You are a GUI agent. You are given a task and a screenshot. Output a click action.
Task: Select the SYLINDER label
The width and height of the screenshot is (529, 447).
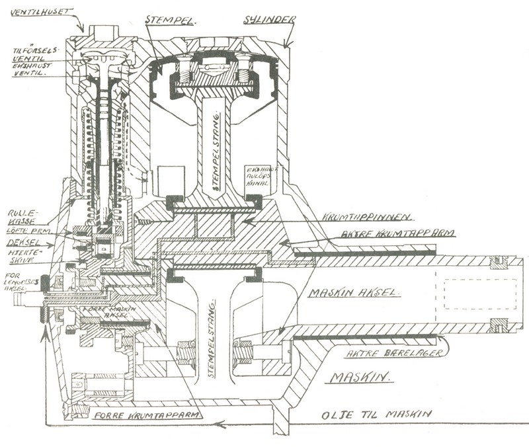267,19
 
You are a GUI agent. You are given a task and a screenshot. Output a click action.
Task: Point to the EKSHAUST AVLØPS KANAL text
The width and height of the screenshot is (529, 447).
259,176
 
